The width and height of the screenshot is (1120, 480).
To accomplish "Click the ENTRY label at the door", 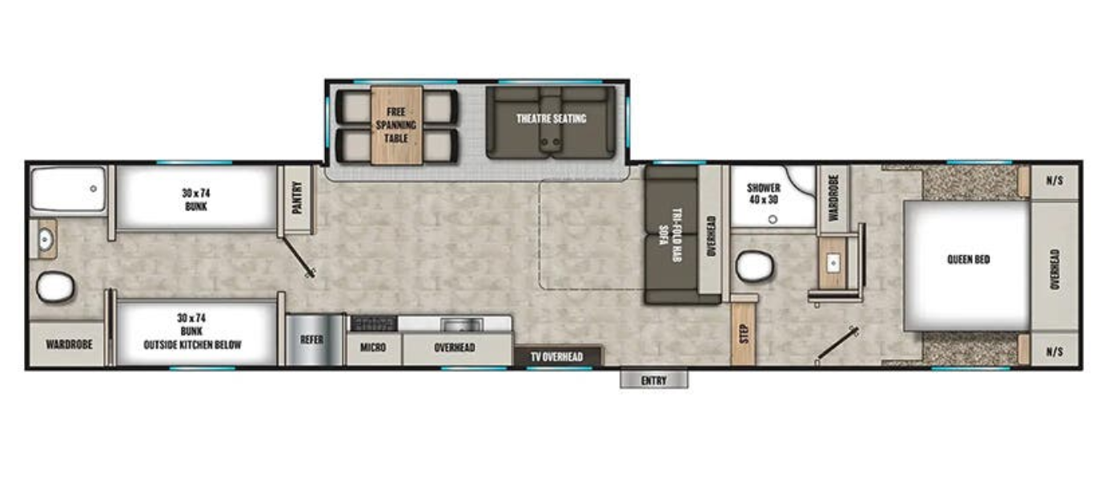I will [x=653, y=380].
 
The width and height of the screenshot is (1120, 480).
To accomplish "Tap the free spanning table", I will [x=396, y=125].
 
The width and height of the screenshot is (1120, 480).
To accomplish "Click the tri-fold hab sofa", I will [x=670, y=235].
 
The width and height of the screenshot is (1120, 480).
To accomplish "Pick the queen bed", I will [x=967, y=263].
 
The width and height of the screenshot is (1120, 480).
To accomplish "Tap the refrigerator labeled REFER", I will [x=311, y=339].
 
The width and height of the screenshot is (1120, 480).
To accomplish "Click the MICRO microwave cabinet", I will [x=373, y=348].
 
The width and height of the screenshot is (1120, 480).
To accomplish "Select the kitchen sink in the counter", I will [x=461, y=324].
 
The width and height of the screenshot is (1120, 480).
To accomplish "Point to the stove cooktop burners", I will [x=374, y=323].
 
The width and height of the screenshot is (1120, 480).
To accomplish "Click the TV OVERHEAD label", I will [x=558, y=357].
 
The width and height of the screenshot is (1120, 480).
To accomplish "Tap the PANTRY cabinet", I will [x=296, y=201].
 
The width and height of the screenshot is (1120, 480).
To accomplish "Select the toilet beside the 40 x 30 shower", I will [x=754, y=266].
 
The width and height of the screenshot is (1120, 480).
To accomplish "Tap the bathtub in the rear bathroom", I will [x=68, y=189].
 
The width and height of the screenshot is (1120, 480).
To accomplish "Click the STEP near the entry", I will [x=744, y=331].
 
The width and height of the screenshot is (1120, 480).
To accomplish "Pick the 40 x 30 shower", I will [x=766, y=195].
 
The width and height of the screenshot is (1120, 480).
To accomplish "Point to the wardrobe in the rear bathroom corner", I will [x=68, y=345].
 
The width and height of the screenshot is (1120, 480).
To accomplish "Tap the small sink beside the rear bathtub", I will [x=46, y=238].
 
